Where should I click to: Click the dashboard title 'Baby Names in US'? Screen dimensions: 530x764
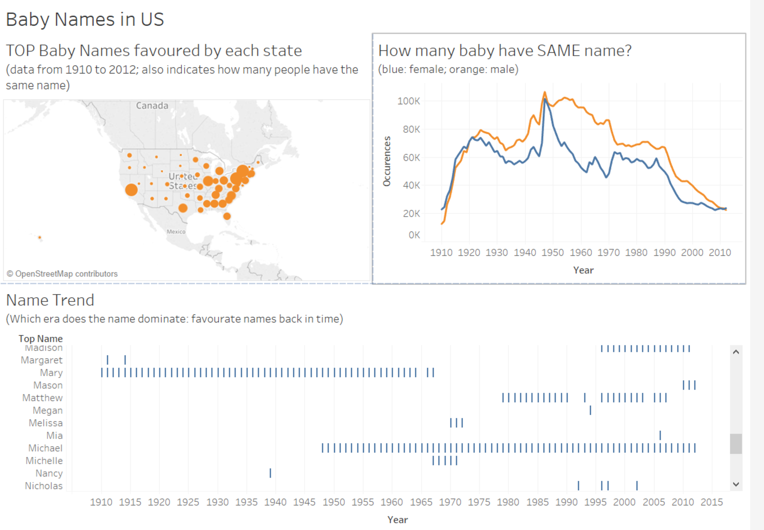tap(85, 19)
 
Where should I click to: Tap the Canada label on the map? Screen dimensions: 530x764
tap(152, 106)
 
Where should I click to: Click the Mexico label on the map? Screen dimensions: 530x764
tap(176, 232)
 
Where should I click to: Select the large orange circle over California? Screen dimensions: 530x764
tap(131, 190)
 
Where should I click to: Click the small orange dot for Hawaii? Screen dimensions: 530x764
tap(40, 238)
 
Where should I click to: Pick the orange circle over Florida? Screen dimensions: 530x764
tap(227, 216)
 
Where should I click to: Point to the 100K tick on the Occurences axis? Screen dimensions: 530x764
tap(408, 101)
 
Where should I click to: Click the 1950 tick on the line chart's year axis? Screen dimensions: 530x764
tap(552, 253)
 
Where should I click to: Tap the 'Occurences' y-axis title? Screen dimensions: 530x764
tap(387, 161)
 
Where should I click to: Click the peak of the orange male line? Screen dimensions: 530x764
tap(545, 92)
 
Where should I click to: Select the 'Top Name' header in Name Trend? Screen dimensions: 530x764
tap(41, 339)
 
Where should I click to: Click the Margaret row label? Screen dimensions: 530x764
tap(41, 360)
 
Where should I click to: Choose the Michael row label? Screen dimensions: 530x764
tap(45, 448)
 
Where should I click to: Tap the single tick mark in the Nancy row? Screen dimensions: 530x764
tap(270, 473)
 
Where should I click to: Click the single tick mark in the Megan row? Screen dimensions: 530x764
tap(590, 410)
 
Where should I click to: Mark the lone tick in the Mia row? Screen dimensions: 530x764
tap(660, 435)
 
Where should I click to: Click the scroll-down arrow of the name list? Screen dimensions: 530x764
tap(736, 484)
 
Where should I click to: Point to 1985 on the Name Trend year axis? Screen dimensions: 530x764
tap(538, 502)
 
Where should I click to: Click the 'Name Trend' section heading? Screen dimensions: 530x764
tap(50, 300)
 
